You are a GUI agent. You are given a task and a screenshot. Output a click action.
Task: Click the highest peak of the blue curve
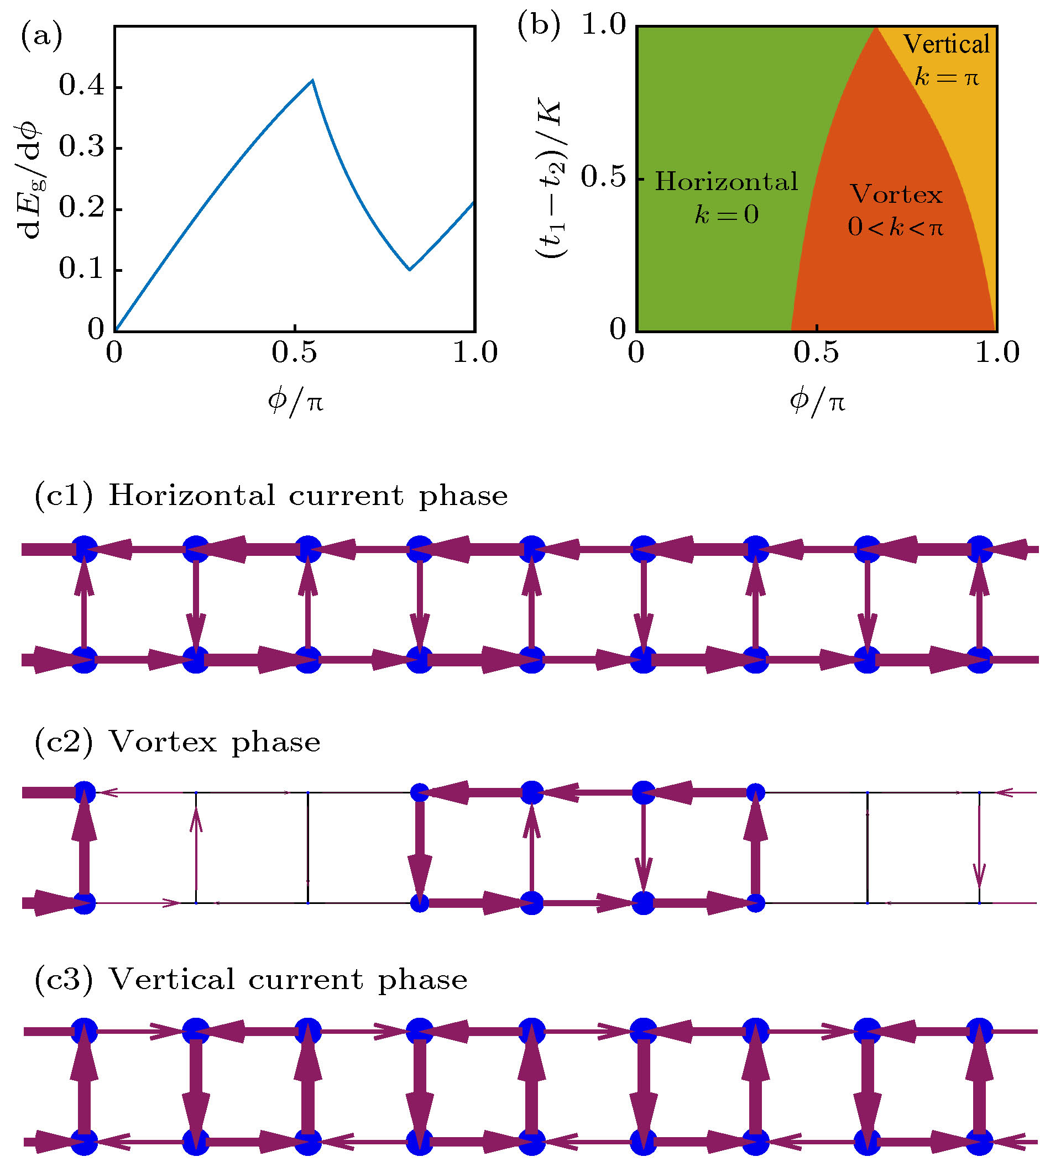coord(312,80)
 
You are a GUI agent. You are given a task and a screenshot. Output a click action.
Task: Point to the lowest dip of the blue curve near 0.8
coord(409,269)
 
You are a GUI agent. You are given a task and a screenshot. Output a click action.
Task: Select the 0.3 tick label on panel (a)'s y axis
coord(82,148)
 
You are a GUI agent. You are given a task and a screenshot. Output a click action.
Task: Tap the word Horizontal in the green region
coord(727,182)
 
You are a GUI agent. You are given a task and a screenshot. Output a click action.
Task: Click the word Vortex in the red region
coord(896,195)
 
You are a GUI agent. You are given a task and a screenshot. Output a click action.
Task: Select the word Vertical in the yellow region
coord(946,45)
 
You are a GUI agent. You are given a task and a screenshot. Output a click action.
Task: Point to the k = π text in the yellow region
coord(946,77)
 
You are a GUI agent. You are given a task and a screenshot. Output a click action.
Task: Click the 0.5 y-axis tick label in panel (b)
coord(603,178)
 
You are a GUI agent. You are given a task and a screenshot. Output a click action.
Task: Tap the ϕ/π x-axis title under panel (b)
coord(817,401)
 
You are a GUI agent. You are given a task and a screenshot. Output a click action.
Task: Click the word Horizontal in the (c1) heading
coord(192,496)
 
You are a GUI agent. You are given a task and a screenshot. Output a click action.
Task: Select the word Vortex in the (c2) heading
coord(163,743)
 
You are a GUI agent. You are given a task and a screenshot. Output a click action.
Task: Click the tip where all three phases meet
coord(876,28)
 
